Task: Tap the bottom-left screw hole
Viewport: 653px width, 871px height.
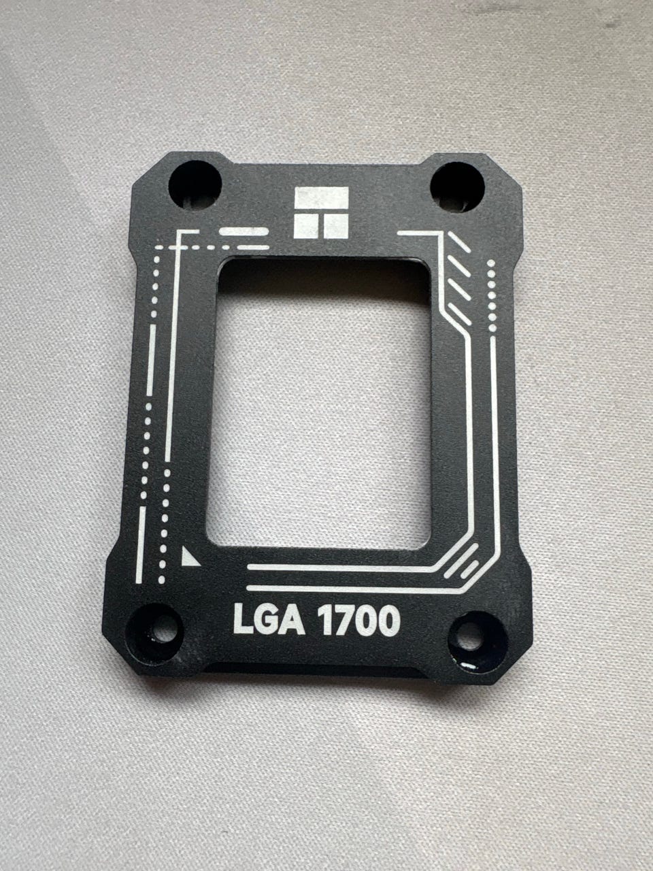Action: (155, 634)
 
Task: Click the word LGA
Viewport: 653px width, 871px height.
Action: (269, 620)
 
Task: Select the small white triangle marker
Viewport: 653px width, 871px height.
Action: (190, 557)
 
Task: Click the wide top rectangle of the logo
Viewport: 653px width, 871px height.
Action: (322, 197)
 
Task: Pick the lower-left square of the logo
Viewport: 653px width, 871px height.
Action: (306, 226)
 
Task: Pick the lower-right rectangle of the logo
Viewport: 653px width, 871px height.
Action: (336, 227)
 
